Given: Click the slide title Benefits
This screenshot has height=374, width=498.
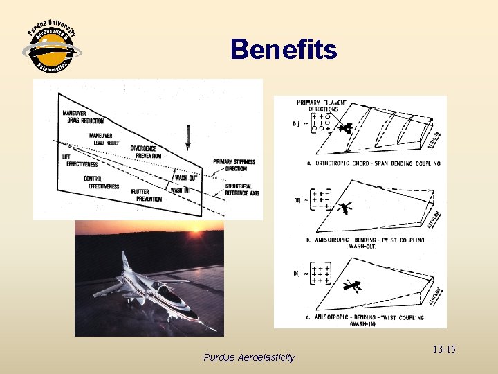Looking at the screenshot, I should click(284, 50).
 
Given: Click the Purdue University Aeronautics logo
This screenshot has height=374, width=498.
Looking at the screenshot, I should click(52, 49).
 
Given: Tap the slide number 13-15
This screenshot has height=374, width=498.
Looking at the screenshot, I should click(441, 349).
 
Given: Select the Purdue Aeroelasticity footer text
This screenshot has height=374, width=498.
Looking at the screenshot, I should click(249, 357).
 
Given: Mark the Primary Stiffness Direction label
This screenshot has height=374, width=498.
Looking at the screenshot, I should click(234, 165).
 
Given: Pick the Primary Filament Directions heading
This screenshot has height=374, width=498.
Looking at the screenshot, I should click(323, 106).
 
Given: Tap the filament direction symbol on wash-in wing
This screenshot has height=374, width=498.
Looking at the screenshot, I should click(352, 285).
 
